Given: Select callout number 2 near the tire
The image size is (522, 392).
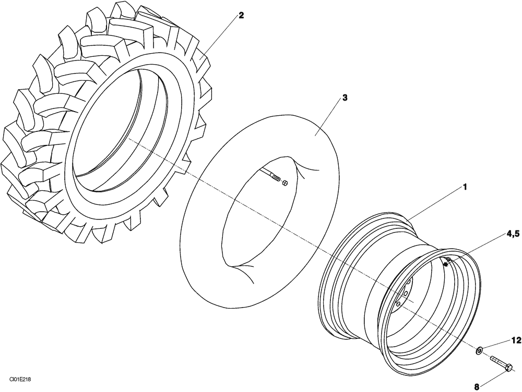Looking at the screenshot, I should tap(241, 15).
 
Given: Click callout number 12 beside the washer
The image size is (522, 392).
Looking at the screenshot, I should tap(516, 340).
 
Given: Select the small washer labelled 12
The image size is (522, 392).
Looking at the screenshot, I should tap(479, 351).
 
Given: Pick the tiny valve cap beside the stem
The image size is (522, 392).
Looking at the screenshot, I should tap(285, 183).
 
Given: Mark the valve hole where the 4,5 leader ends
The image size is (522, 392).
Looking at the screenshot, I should tap(445, 264).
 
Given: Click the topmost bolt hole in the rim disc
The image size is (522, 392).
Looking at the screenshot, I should tap(409, 282).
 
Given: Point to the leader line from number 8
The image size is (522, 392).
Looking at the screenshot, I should tap(493, 378).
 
